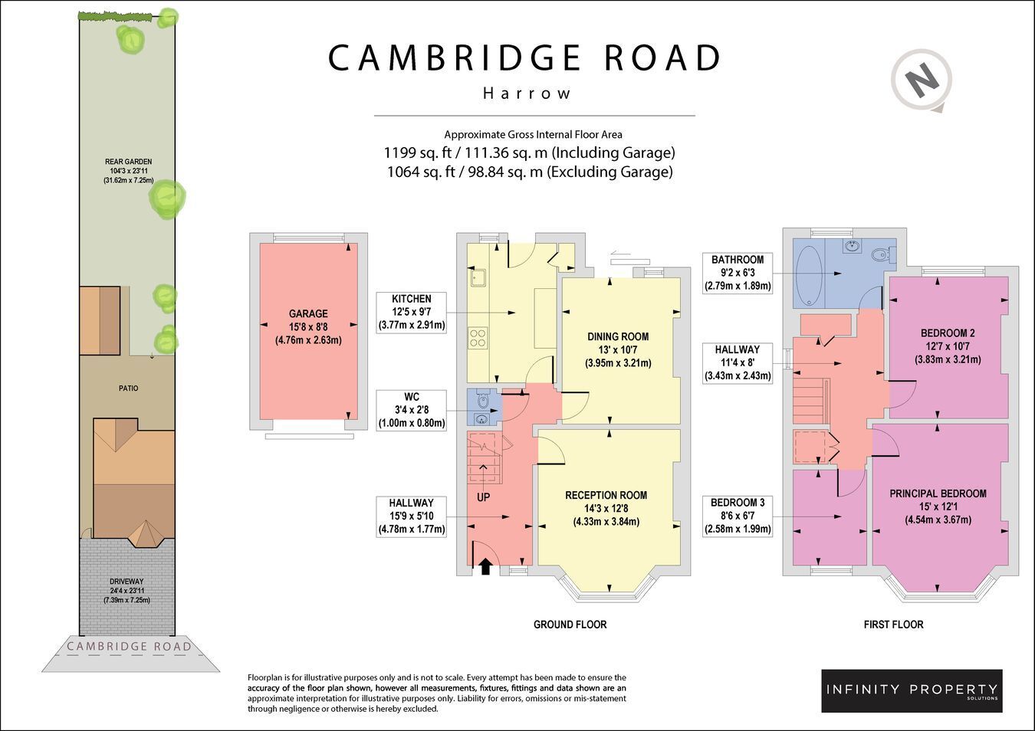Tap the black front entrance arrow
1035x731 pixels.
(x=485, y=566)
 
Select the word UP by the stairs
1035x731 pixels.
(x=483, y=497)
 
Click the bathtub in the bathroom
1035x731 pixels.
(x=809, y=275)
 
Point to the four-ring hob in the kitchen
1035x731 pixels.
(x=478, y=337)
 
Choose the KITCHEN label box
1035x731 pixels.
(x=411, y=312)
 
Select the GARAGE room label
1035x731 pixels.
(x=308, y=327)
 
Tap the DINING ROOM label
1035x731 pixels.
(x=618, y=349)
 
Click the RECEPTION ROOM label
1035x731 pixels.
(x=606, y=509)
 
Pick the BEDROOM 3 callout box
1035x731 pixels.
(x=738, y=516)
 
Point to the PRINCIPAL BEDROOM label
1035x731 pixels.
(x=938, y=506)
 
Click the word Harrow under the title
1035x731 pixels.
(x=527, y=93)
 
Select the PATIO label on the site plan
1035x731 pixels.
(x=129, y=388)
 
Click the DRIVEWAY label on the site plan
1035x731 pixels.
(x=127, y=591)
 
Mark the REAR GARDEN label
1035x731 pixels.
(x=129, y=171)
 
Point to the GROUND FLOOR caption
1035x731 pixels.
(x=570, y=624)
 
